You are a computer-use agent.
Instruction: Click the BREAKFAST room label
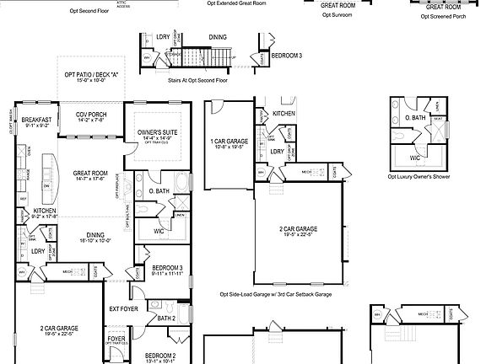pos(37,120)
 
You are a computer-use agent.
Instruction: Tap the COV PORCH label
pos(90,114)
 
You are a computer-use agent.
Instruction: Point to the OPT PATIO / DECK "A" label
pos(89,74)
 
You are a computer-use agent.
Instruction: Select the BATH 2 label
pos(166,318)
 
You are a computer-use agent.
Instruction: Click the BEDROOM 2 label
pos(160,356)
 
